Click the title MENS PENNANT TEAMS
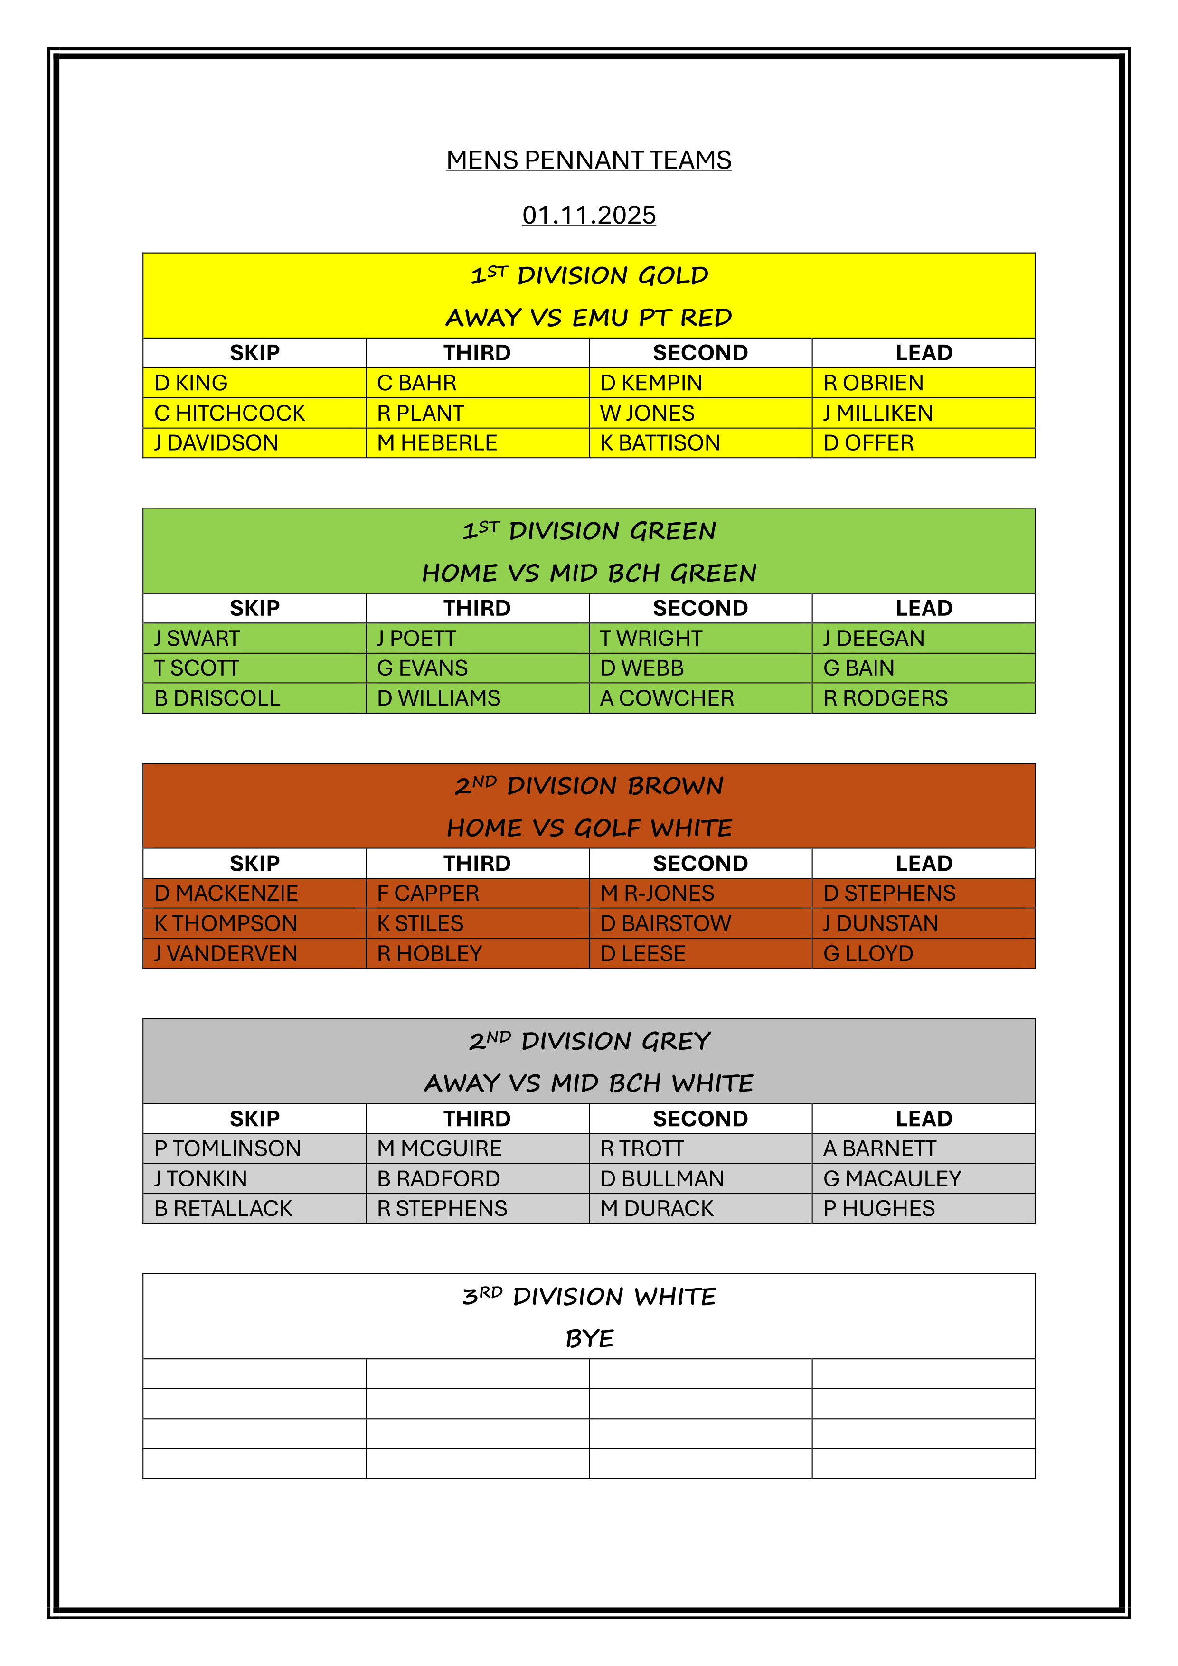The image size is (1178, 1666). tap(589, 160)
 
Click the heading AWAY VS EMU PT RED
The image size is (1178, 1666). tap(589, 317)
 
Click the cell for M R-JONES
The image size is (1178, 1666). tap(657, 893)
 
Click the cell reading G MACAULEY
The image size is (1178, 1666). tap(892, 1178)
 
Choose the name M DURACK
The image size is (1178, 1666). tap(657, 1208)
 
